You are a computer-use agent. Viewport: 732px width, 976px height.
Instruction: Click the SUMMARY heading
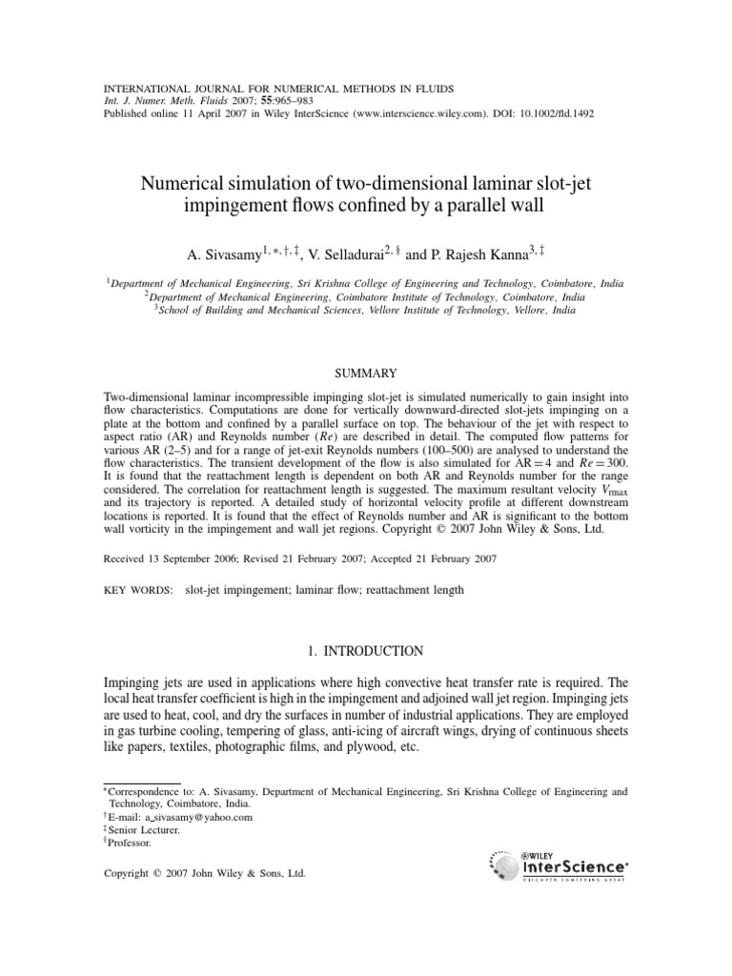(x=365, y=372)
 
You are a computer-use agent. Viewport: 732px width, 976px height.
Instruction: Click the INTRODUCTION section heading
(x=365, y=651)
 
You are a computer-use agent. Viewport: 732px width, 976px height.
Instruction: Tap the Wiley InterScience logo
(x=559, y=864)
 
